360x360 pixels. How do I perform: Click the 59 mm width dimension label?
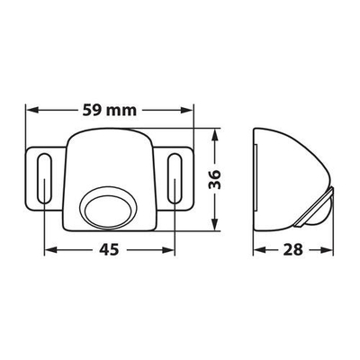pos(111,112)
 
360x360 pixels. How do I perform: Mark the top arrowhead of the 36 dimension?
pos(215,135)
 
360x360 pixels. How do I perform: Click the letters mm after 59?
pos(127,112)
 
